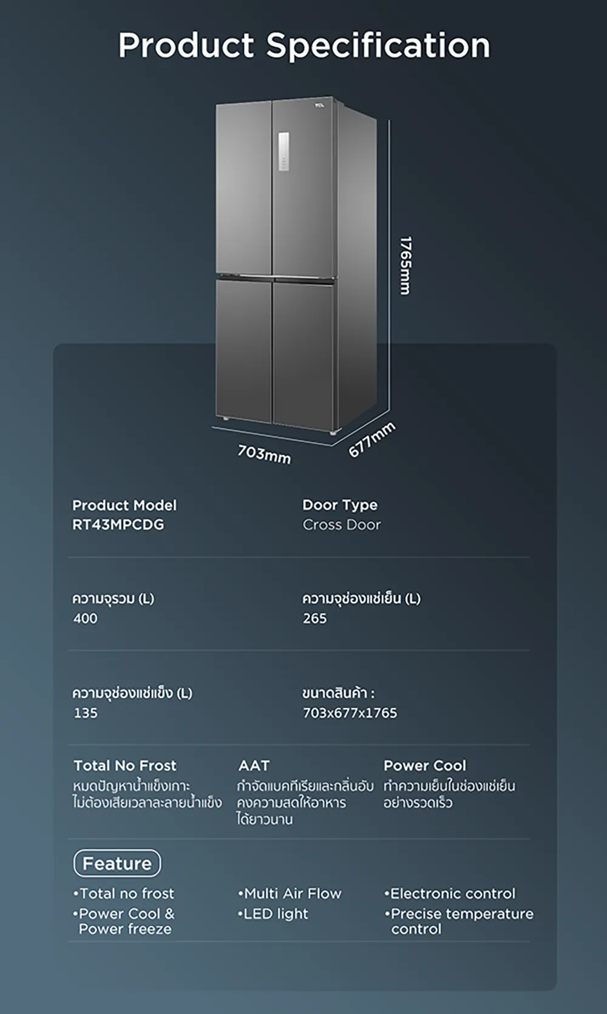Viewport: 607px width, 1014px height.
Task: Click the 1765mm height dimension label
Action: click(x=405, y=266)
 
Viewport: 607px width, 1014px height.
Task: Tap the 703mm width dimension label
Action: click(x=264, y=454)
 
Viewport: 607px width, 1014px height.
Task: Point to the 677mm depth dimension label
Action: click(x=371, y=439)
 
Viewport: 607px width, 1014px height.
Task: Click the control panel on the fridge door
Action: click(x=284, y=152)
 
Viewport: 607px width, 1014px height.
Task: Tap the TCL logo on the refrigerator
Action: click(x=320, y=106)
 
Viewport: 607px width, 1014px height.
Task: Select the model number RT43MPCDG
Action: click(x=118, y=525)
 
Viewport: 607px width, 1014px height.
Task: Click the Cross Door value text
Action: click(x=342, y=525)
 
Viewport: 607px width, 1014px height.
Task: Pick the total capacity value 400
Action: click(x=85, y=618)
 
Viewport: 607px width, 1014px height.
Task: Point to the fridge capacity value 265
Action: click(x=315, y=618)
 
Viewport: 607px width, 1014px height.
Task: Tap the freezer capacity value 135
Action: click(x=86, y=713)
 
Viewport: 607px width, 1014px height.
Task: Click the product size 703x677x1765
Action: click(x=350, y=713)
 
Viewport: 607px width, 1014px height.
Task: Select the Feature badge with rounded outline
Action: click(x=117, y=864)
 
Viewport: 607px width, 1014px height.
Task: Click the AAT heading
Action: click(x=254, y=765)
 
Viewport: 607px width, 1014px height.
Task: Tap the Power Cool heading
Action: click(x=424, y=765)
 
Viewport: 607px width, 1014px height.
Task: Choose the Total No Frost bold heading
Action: click(x=125, y=765)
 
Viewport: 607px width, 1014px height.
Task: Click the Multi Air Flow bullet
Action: click(x=290, y=893)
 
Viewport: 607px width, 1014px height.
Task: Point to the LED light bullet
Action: click(x=273, y=914)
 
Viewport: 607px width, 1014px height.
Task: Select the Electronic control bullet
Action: click(x=450, y=893)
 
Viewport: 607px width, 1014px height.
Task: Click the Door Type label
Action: click(x=340, y=505)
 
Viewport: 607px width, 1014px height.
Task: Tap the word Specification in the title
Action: click(x=378, y=46)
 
